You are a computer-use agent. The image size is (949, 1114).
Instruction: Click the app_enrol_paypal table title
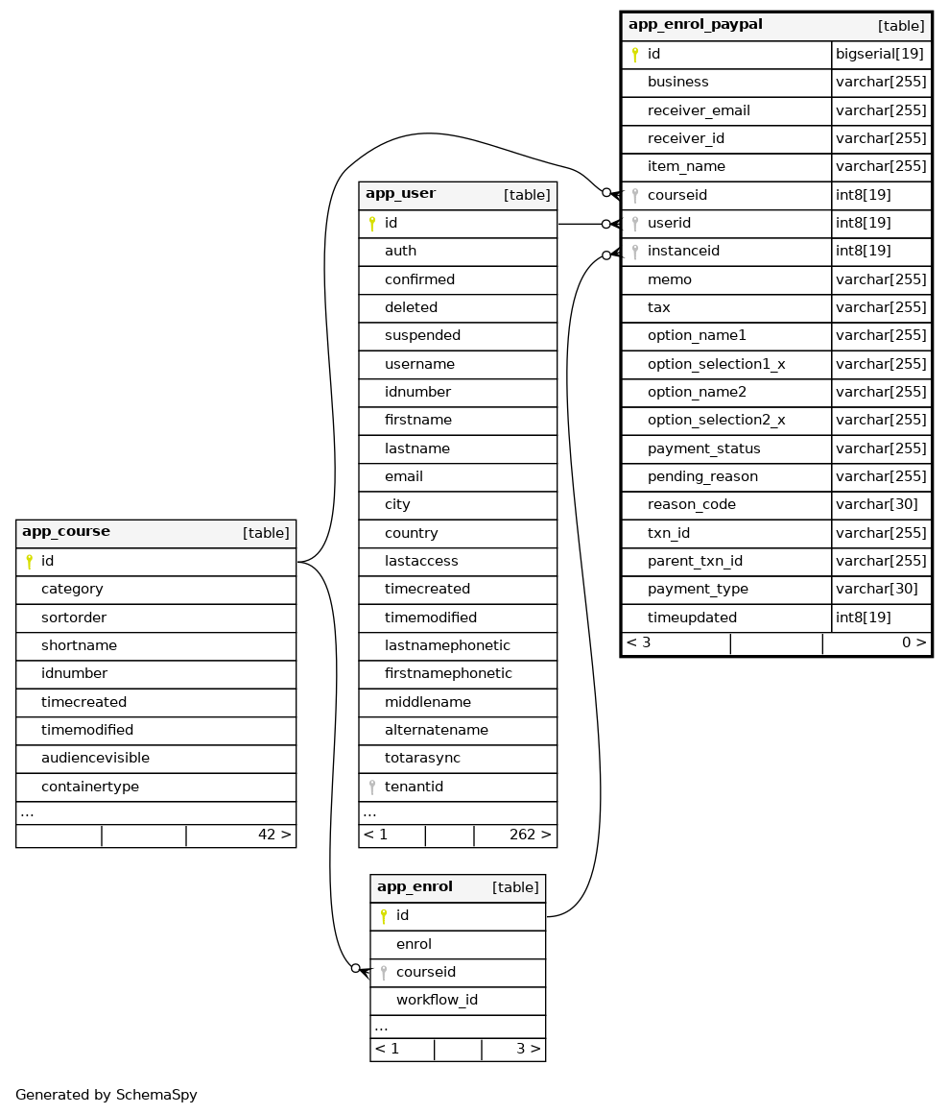pyautogui.click(x=695, y=25)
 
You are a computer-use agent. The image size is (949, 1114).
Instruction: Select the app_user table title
pyautogui.click(x=400, y=194)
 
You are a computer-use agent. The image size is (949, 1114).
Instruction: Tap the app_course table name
pyautogui.click(x=66, y=532)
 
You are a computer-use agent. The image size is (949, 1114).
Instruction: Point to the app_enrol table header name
pyautogui.click(x=415, y=887)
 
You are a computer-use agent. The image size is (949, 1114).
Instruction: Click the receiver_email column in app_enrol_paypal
pyautogui.click(x=699, y=110)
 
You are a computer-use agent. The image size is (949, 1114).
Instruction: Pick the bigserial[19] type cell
pyautogui.click(x=880, y=54)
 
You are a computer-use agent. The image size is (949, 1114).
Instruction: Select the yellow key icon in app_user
pyautogui.click(x=372, y=224)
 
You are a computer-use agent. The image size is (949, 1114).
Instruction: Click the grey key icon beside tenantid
pyautogui.click(x=372, y=787)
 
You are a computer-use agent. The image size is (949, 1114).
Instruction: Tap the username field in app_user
pyautogui.click(x=419, y=364)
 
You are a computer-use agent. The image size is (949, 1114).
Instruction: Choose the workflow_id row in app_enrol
pyautogui.click(x=437, y=1001)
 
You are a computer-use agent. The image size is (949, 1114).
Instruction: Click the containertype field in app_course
pyautogui.click(x=90, y=787)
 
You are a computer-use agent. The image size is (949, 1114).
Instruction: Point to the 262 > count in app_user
pyautogui.click(x=530, y=835)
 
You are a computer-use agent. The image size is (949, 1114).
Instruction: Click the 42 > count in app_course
pyautogui.click(x=273, y=835)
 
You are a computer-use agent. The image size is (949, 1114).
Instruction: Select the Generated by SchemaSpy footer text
pyautogui.click(x=107, y=1095)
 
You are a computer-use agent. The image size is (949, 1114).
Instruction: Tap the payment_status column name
pyautogui.click(x=703, y=448)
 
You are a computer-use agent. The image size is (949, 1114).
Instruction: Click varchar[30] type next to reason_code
pyautogui.click(x=876, y=505)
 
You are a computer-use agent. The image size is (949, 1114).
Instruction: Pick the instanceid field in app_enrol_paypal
pyautogui.click(x=683, y=252)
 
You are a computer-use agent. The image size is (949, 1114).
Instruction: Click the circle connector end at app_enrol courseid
pyautogui.click(x=355, y=968)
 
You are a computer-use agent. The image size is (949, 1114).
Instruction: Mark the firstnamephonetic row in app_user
pyautogui.click(x=448, y=674)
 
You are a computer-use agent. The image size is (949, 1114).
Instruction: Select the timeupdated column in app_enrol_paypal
pyautogui.click(x=692, y=618)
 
